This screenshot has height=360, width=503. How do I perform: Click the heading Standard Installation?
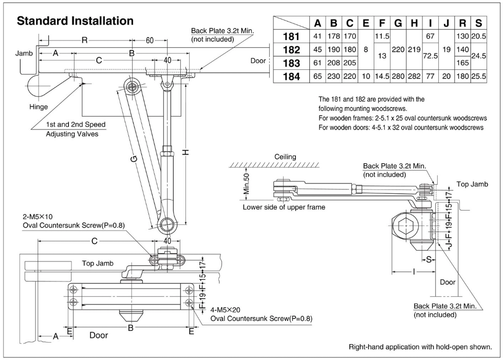pyautogui.click(x=75, y=22)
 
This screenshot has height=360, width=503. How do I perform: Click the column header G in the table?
pyautogui.click(x=398, y=23)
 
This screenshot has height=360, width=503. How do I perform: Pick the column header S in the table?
pyautogui.click(x=478, y=23)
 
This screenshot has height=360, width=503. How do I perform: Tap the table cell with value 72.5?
pyautogui.click(x=430, y=57)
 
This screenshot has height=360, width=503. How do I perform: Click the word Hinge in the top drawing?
pyautogui.click(x=39, y=106)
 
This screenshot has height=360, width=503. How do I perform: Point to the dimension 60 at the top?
pyautogui.click(x=150, y=41)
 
